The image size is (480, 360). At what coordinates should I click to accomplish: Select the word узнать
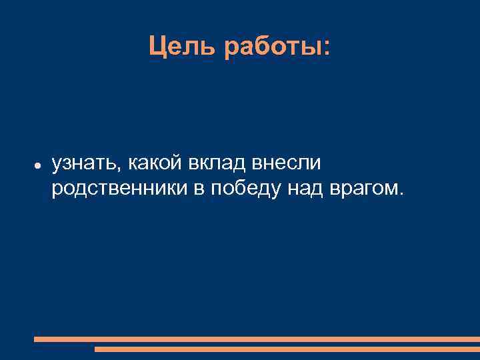point(85,163)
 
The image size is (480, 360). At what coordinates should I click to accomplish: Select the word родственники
point(120,189)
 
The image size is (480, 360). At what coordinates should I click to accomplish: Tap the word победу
point(246,189)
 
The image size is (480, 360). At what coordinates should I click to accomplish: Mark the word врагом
point(363,189)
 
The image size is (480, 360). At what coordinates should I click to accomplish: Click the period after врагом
point(401,195)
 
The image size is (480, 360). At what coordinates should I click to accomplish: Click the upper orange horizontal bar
point(257,339)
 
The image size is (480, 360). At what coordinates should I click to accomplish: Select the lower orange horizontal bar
point(287,349)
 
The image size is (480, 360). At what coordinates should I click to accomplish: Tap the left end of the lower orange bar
point(97,349)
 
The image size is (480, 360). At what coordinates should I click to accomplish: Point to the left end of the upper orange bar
point(36,339)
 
